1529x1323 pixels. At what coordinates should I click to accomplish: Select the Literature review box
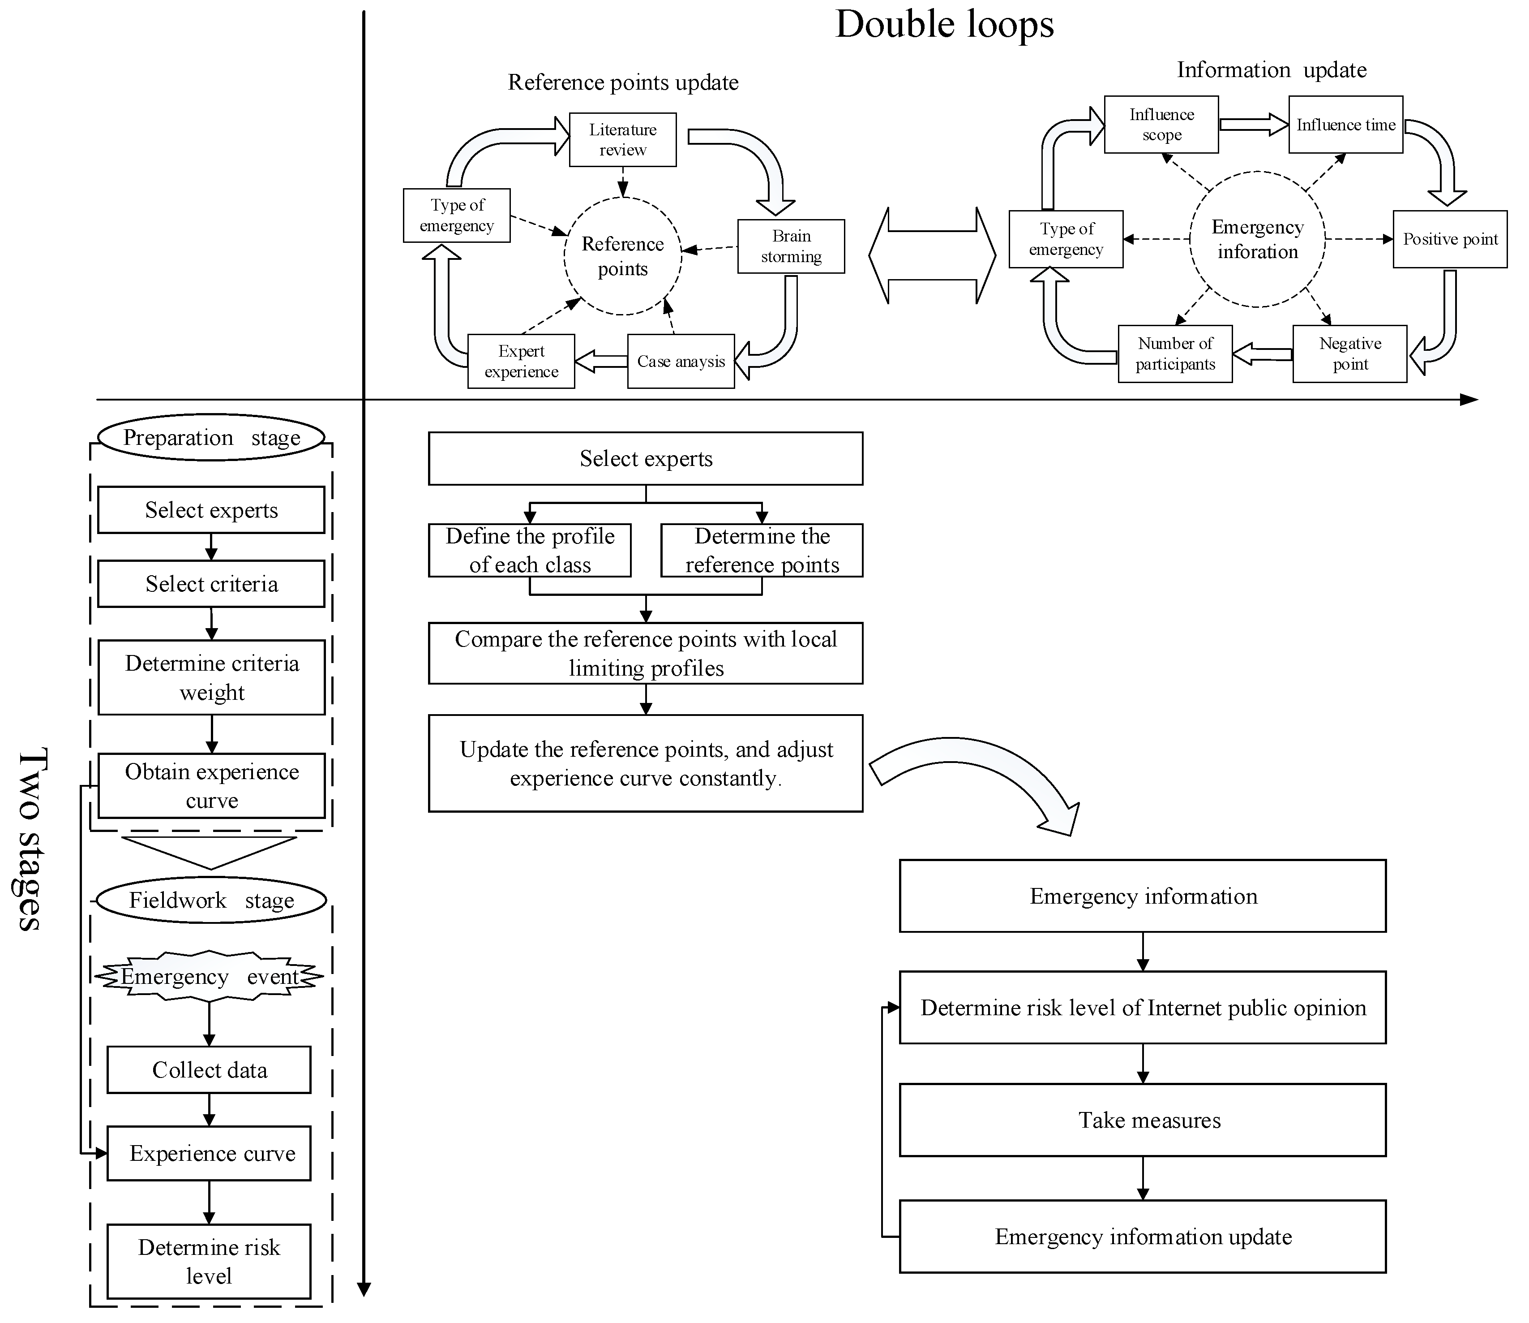point(623,139)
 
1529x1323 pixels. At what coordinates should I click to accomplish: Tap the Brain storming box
point(791,246)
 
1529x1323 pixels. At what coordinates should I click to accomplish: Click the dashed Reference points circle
point(623,256)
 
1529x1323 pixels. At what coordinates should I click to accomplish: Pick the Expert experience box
point(521,361)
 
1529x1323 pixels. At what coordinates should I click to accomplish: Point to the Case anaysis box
point(681,361)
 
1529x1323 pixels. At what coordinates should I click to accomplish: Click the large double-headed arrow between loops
point(932,255)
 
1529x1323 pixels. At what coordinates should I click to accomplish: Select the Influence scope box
point(1161,125)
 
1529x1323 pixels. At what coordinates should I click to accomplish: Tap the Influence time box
point(1345,125)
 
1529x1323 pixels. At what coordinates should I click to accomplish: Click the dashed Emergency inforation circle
point(1257,239)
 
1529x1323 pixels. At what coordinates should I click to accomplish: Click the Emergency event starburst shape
point(210,977)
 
